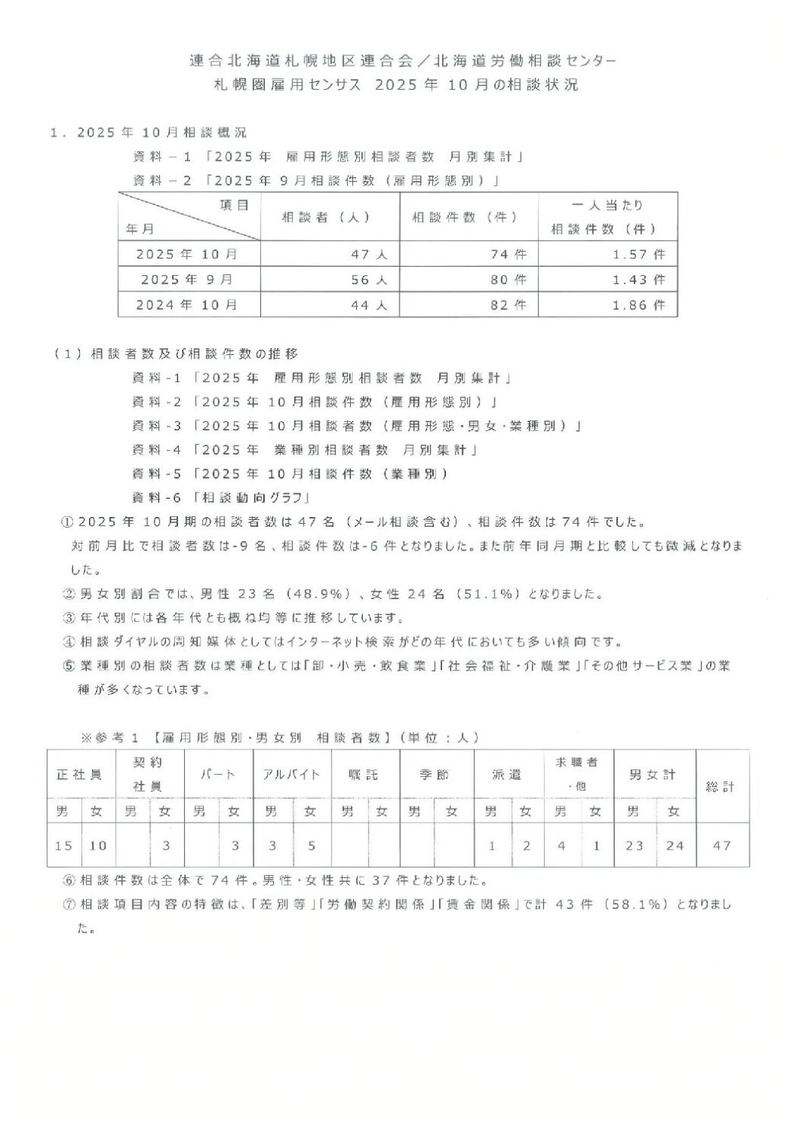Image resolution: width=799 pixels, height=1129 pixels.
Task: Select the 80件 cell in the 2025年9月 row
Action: click(x=508, y=279)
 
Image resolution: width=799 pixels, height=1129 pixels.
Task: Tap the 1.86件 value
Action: click(x=638, y=305)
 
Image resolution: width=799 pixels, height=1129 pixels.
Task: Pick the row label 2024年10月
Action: click(x=187, y=305)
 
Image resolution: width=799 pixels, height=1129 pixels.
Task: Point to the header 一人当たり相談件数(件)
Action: click(x=606, y=217)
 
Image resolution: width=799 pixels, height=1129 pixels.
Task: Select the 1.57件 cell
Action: click(x=638, y=254)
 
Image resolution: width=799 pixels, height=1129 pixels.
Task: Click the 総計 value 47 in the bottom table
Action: click(x=721, y=845)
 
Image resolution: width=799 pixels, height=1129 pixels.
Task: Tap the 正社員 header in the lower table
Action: click(x=80, y=774)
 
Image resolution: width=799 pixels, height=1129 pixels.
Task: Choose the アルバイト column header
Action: click(x=291, y=774)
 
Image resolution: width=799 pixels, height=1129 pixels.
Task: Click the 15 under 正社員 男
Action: click(x=63, y=845)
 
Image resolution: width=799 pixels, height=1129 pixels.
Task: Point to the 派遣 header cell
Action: click(x=507, y=774)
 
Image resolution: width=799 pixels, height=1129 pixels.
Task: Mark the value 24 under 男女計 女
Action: click(x=674, y=845)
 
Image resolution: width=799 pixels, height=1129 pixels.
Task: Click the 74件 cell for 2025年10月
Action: click(x=508, y=254)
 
